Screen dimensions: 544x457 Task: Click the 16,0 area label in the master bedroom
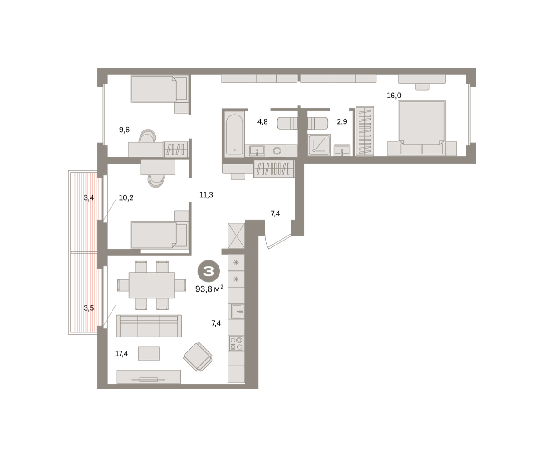[393, 96]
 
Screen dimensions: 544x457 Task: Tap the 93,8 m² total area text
[209, 289]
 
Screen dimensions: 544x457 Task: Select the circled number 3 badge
[209, 271]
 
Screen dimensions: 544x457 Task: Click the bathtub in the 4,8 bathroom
[234, 134]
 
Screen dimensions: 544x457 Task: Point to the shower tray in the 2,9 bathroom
[319, 145]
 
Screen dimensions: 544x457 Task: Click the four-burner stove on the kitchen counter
[236, 343]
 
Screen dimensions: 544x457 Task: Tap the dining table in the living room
[152, 285]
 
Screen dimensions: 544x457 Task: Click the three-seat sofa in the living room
[149, 326]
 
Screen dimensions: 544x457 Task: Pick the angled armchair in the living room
[198, 357]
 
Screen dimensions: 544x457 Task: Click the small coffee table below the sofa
[149, 353]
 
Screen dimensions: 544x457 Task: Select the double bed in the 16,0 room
[422, 128]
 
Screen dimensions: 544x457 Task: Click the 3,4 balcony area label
[89, 198]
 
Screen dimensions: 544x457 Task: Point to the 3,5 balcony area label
[89, 308]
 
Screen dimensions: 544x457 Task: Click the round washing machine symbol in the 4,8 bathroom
[277, 151]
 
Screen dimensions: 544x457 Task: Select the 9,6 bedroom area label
[124, 130]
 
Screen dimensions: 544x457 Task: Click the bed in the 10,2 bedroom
[159, 235]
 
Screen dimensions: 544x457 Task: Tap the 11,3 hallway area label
[206, 195]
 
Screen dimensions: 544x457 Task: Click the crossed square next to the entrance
[236, 236]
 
